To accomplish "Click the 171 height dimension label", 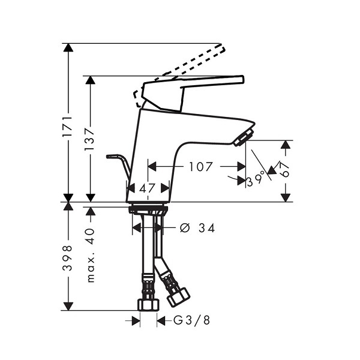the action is pos(68,127).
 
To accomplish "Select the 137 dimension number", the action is pos(89,139).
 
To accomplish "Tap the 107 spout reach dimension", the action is pos(200,166).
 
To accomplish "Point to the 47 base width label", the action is pos(148,188).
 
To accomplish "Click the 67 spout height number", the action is pos(284,170).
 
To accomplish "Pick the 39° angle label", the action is pos(254,181).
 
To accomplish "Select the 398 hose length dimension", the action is pos(68,258).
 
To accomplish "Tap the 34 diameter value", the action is pos(206,228).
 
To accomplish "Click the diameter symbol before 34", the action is pos(185,228).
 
